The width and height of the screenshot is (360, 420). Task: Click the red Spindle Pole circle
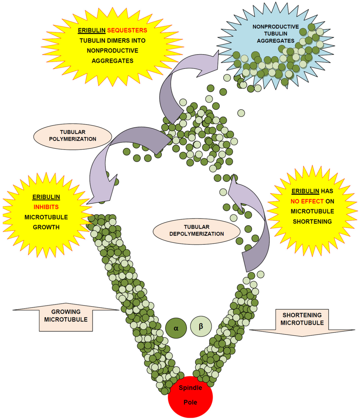pyautogui.click(x=190, y=396)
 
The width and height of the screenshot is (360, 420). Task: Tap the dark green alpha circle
pyautogui.click(x=175, y=327)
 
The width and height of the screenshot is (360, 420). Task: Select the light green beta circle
pyautogui.click(x=201, y=326)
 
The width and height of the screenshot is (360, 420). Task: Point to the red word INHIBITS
pyautogui.click(x=46, y=207)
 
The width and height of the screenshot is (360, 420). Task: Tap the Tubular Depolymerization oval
pyautogui.click(x=197, y=230)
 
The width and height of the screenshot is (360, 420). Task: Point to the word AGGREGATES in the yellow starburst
pyautogui.click(x=112, y=61)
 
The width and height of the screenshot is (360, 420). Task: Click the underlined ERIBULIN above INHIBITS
pyautogui.click(x=46, y=197)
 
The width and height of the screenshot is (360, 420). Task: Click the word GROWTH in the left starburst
pyautogui.click(x=46, y=227)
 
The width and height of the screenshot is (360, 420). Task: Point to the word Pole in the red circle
pyautogui.click(x=190, y=402)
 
